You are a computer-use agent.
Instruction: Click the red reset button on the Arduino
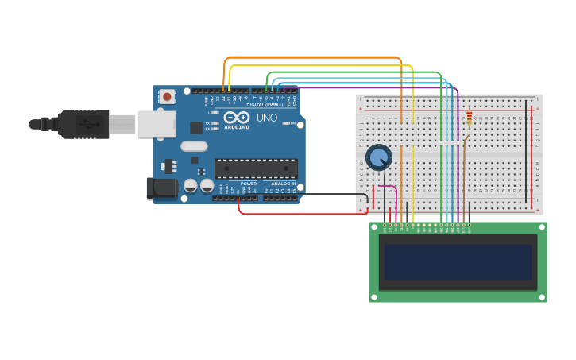(x=167, y=96)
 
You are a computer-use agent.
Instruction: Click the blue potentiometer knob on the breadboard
(x=379, y=157)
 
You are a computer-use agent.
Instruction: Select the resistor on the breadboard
(x=469, y=118)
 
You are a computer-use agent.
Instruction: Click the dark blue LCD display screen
(x=458, y=261)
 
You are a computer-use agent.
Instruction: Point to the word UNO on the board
(x=267, y=118)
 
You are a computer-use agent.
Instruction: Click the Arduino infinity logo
(x=237, y=117)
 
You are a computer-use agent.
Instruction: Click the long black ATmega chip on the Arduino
(x=256, y=168)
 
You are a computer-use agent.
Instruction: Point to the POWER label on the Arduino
(x=249, y=183)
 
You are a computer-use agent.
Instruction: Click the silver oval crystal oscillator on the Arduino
(x=194, y=146)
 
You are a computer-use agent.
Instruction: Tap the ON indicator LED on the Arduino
(x=294, y=124)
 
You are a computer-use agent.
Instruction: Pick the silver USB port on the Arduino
(x=157, y=124)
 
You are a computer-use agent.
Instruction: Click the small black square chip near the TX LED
(x=195, y=127)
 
